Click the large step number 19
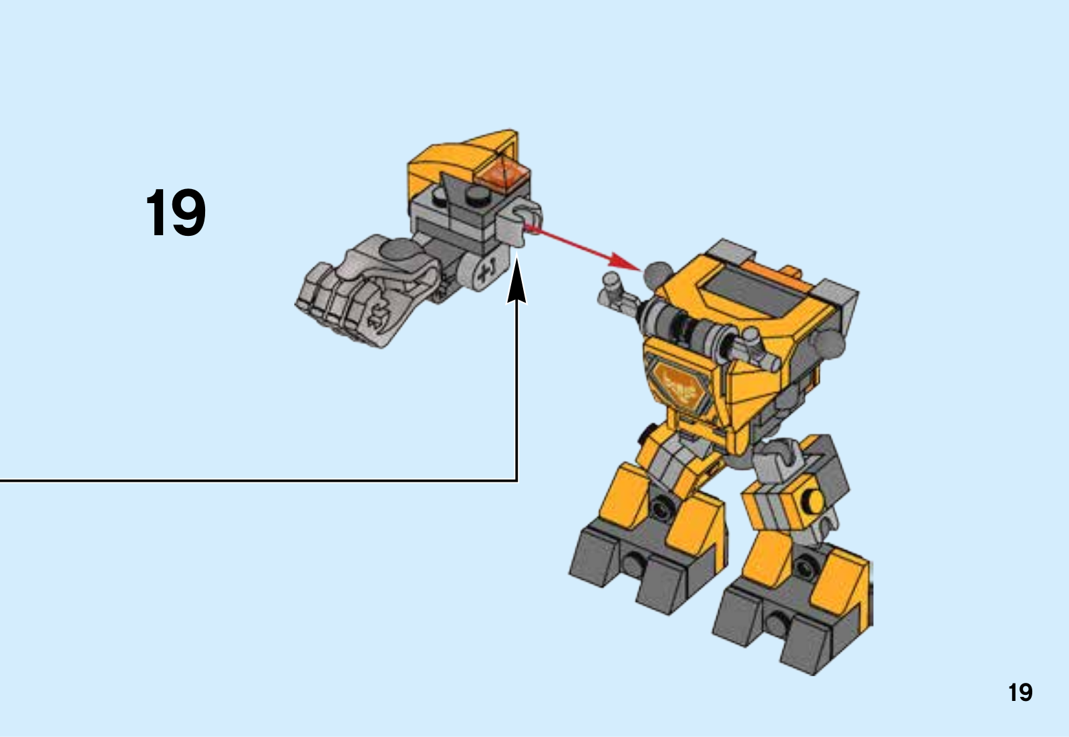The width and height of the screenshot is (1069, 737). pos(176,212)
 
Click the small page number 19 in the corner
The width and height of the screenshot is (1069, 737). pos(1020,693)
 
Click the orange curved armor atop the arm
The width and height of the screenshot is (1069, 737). pos(465,158)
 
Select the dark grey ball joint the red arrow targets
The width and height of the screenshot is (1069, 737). pos(657,275)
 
